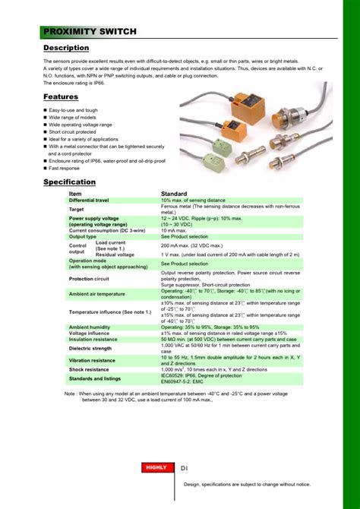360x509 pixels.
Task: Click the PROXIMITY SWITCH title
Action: click(90, 31)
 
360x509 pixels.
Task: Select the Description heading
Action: click(66, 48)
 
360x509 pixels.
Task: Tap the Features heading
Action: click(61, 96)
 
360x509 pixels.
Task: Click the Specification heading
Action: click(69, 182)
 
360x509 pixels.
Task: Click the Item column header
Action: click(75, 194)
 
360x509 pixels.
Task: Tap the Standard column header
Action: click(174, 194)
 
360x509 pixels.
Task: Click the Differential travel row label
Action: click(89, 200)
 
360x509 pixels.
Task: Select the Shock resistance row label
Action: click(89, 369)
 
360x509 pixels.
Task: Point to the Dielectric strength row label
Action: click(90, 348)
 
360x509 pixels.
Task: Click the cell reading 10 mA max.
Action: click(175, 230)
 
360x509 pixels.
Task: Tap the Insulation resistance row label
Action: click(93, 339)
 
